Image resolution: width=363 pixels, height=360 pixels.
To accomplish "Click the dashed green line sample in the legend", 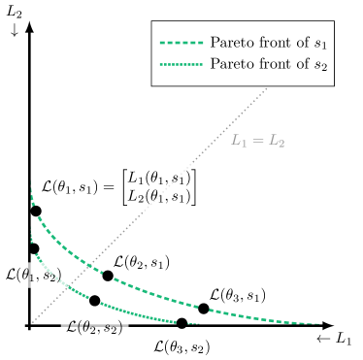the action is click(x=181, y=43).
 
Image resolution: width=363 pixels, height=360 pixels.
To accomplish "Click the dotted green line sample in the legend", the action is click(x=181, y=64).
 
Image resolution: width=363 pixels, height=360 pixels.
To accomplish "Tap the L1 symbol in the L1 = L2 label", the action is click(x=239, y=140).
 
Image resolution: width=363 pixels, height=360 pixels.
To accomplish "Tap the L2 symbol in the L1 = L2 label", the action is click(x=277, y=140).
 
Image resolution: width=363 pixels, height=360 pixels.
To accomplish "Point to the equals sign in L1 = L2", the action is click(x=257, y=140).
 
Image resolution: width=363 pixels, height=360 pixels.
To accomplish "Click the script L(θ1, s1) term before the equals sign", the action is click(x=71, y=185).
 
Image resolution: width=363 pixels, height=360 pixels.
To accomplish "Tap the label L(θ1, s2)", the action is click(x=33, y=275).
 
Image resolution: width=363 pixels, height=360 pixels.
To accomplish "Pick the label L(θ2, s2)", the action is click(x=94, y=327).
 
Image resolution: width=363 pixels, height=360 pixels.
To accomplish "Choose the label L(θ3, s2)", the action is click(x=181, y=346).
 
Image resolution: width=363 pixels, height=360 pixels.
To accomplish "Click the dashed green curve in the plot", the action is click(x=146, y=291).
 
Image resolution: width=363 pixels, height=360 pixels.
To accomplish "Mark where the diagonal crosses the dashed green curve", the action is click(x=90, y=266).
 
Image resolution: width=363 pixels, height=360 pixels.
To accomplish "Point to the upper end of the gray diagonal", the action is click(x=267, y=88).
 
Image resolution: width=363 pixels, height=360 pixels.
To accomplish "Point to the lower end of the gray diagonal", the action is click(x=32, y=323).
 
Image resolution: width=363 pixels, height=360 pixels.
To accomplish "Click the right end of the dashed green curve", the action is click(x=319, y=324).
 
